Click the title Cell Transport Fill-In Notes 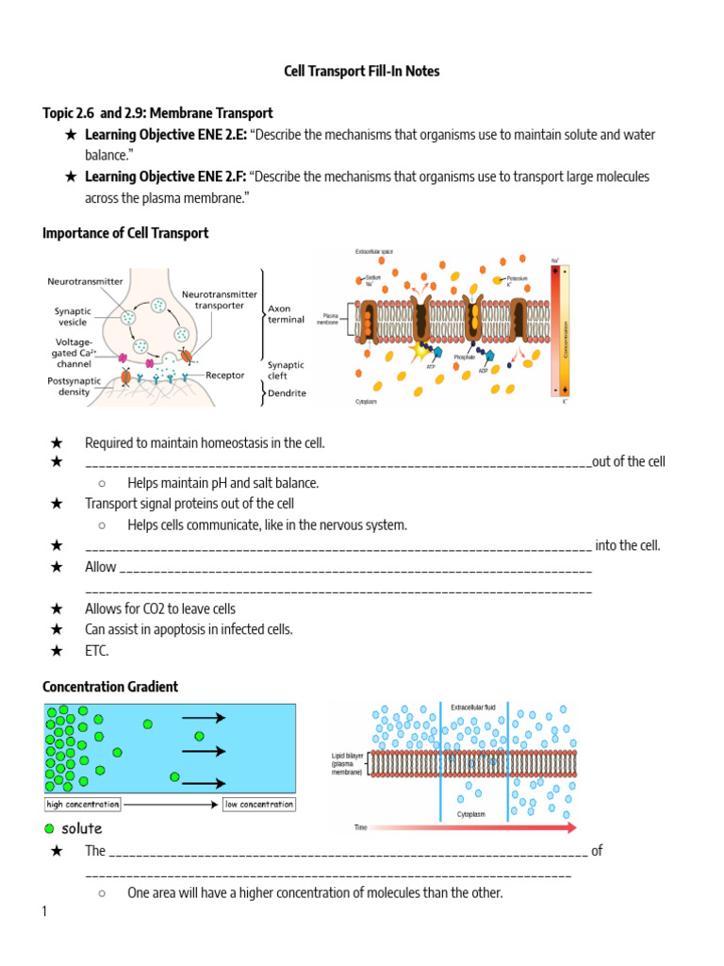tap(362, 71)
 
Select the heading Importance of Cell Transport tap(125, 232)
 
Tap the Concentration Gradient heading tap(110, 687)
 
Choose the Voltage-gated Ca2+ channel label tap(70, 353)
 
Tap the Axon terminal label tap(286, 313)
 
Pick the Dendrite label tap(287, 392)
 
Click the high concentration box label tap(83, 805)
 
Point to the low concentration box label tap(258, 805)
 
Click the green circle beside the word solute tap(49, 828)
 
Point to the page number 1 tap(44, 911)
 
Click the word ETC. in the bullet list tap(97, 650)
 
